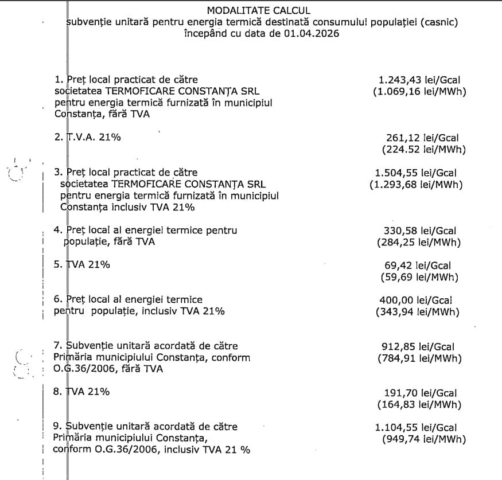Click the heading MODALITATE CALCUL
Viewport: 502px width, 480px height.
coord(258,11)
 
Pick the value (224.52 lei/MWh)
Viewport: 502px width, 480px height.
coord(423,150)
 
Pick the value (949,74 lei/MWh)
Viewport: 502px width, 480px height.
coord(423,439)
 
